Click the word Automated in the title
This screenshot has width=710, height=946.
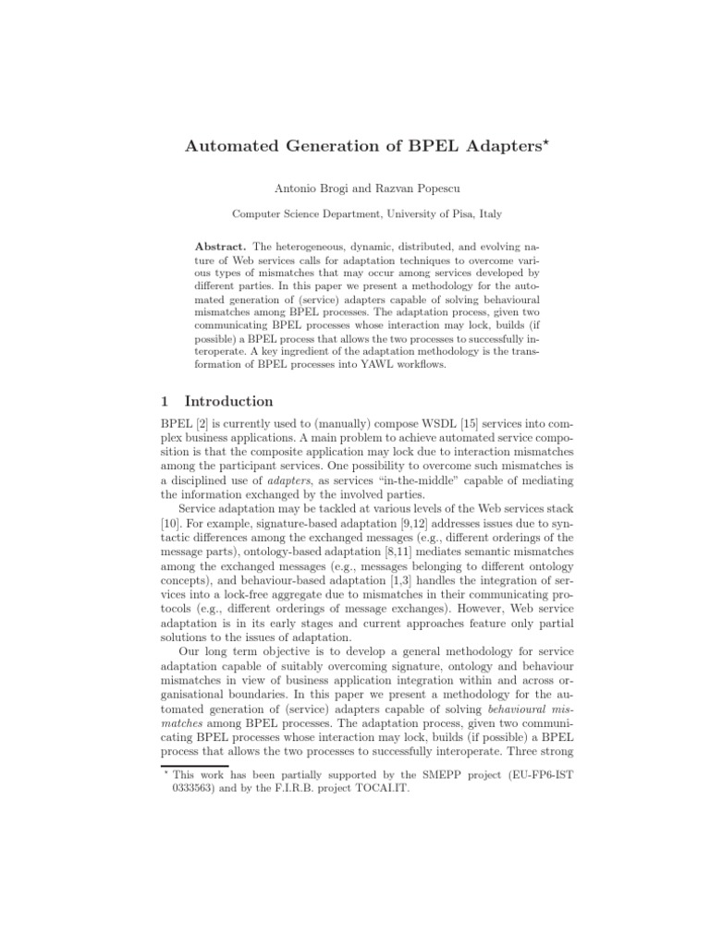coord(229,146)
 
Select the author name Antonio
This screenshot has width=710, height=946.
coord(298,188)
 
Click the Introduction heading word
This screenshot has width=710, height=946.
coord(229,401)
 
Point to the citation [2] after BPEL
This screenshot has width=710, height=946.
coord(202,424)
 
